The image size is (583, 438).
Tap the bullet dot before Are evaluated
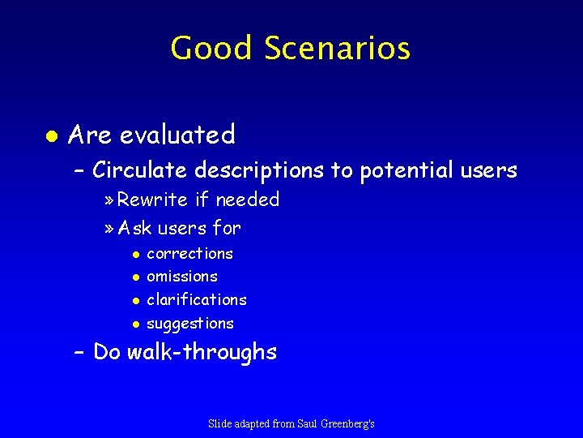pyautogui.click(x=50, y=135)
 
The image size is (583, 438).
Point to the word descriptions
pyautogui.click(x=260, y=171)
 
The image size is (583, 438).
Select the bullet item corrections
pyautogui.click(x=189, y=254)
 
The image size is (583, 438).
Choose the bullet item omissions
pyautogui.click(x=181, y=277)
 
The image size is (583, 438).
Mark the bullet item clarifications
pyautogui.click(x=196, y=300)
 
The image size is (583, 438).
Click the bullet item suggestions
pyautogui.click(x=189, y=324)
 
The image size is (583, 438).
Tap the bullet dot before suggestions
pyautogui.click(x=136, y=324)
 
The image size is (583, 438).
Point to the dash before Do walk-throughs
pyautogui.click(x=79, y=353)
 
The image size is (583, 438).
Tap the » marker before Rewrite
pyautogui.click(x=110, y=200)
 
